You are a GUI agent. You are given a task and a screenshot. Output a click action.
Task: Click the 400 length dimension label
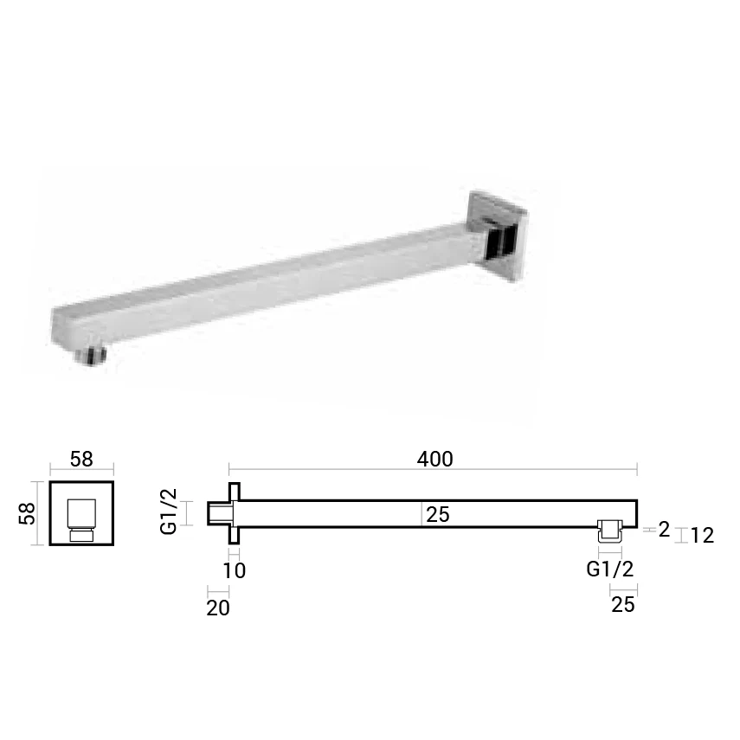(434, 460)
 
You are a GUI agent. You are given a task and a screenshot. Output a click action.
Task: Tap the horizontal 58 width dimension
(81, 460)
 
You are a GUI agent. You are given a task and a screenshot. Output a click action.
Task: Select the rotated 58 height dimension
(27, 513)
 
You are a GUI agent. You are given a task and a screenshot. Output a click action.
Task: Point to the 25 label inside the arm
(437, 514)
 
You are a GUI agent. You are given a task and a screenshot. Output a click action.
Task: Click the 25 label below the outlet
(623, 605)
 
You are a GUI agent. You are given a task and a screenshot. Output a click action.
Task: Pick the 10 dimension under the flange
(234, 570)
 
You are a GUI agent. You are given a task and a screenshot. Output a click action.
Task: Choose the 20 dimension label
(218, 608)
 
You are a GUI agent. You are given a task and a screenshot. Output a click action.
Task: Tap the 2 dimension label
(664, 530)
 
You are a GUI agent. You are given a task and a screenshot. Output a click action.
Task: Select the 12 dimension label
(702, 536)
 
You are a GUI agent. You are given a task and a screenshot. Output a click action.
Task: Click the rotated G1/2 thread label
(169, 512)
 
